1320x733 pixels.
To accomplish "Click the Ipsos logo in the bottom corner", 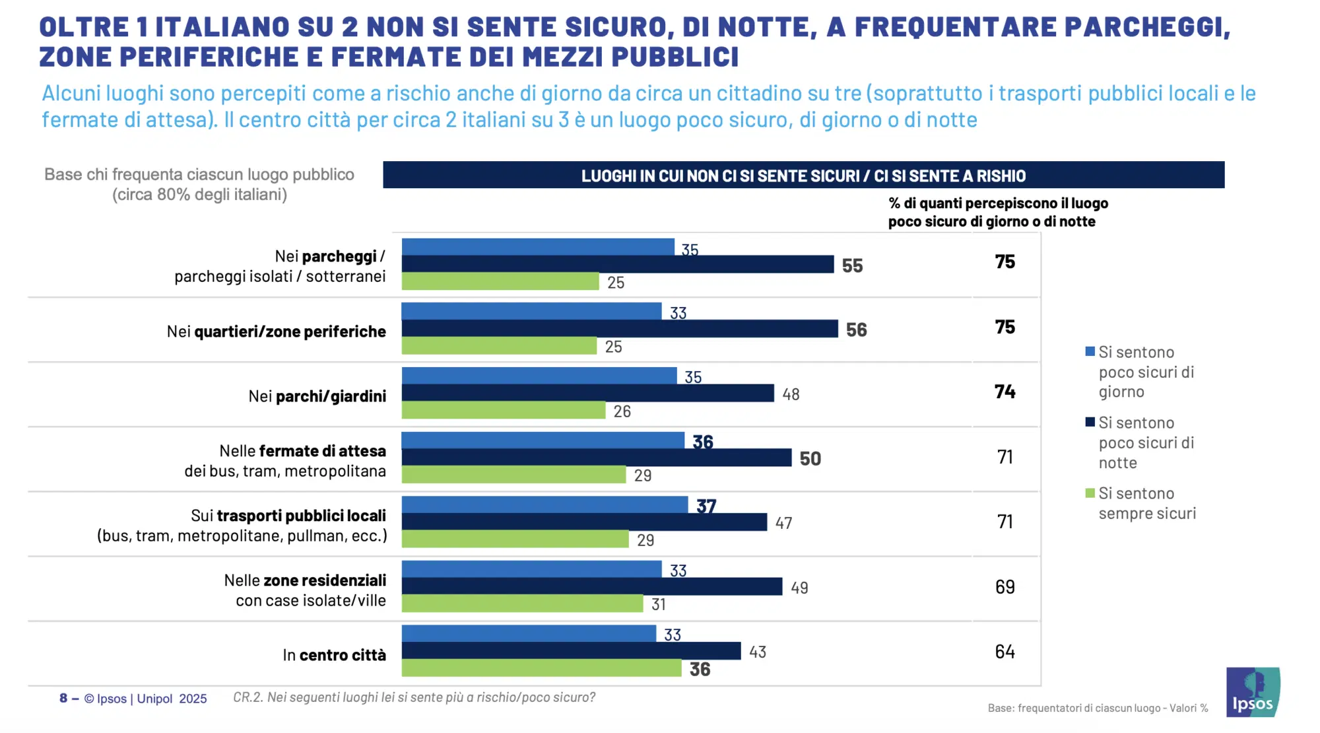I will pos(1252,692).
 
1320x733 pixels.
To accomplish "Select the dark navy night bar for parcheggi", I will pos(617,264).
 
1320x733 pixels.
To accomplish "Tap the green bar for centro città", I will pos(541,668).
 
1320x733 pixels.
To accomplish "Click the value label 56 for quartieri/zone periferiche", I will pos(856,330).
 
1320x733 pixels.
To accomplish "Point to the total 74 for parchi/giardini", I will pos(1005,392).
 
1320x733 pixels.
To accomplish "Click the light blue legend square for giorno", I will pos(1090,351).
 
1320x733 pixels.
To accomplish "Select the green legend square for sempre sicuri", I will pos(1090,493).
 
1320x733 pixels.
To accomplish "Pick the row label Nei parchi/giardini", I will pos(317,396).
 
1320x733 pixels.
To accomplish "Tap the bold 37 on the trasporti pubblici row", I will pos(706,506).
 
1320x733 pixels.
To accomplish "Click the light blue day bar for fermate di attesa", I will pos(543,440).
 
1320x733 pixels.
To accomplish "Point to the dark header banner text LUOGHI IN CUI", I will pos(803,176).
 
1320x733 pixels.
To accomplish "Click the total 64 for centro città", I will pos(1005,652).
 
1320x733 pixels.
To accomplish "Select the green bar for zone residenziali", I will pos(521,604).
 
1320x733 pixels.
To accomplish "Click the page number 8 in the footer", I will pos(63,698).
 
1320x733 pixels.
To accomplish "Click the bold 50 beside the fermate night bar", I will pos(810,458).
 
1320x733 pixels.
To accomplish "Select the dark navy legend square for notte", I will pos(1090,422).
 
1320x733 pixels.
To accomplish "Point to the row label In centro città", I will pos(334,655).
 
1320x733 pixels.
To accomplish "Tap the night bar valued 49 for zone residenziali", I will pos(591,586).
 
